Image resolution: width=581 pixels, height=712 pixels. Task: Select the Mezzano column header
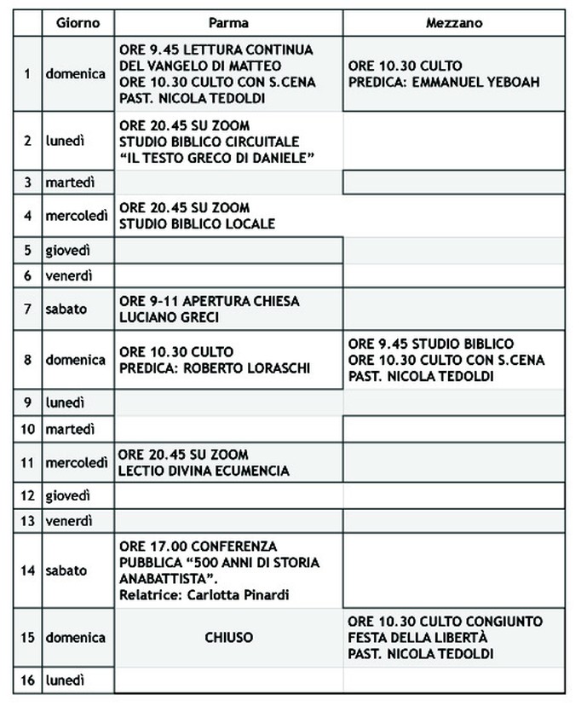tap(454, 23)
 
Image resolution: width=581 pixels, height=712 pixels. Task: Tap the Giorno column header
tap(78, 23)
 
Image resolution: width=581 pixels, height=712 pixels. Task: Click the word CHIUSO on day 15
tap(229, 638)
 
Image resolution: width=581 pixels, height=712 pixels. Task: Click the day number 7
tap(28, 310)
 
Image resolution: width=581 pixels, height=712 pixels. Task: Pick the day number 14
tap(27, 570)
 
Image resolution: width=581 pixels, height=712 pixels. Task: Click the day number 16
tap(27, 680)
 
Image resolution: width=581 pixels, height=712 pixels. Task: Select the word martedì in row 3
tap(69, 182)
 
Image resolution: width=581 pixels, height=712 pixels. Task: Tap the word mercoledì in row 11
tap(77, 463)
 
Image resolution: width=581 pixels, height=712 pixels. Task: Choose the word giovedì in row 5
tap(68, 250)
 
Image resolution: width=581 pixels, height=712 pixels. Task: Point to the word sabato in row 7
tap(66, 310)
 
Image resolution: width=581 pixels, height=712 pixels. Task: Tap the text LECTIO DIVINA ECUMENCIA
tap(204, 471)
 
